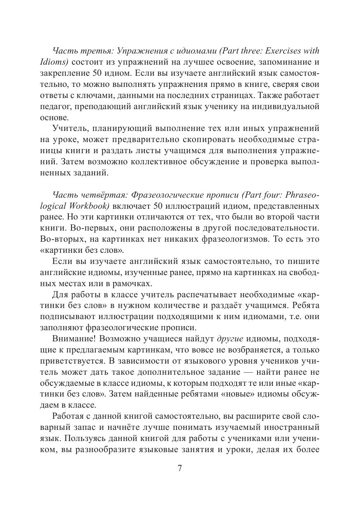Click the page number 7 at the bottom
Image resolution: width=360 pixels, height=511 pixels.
[x=179, y=469]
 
